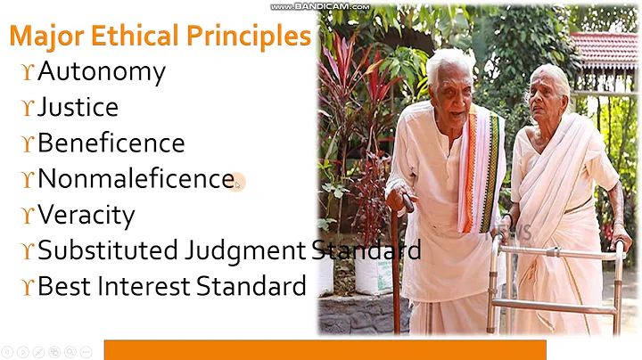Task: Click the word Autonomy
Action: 101,72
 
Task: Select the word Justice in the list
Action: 78,108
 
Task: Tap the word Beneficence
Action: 111,143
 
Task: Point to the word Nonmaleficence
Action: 136,179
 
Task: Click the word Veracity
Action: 86,215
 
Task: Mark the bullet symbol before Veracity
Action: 27,216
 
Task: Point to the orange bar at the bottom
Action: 325,349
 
